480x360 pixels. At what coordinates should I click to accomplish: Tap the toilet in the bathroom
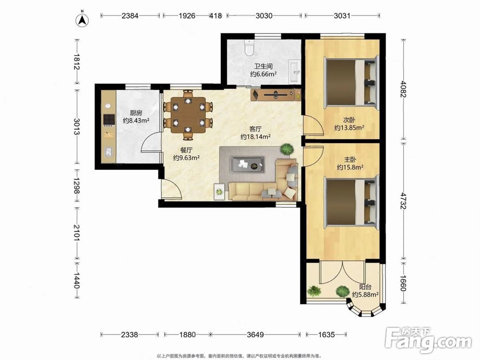point(250,48)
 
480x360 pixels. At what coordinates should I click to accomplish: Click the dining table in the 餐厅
point(189,115)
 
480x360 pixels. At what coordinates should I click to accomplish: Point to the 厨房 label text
point(136,113)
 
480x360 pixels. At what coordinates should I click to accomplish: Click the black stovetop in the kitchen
point(108,120)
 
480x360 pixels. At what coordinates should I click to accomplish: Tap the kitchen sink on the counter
point(108,152)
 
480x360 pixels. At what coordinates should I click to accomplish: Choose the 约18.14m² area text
point(255,137)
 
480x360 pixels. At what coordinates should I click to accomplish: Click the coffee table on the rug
point(247,165)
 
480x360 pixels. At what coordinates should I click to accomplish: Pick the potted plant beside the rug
point(287,149)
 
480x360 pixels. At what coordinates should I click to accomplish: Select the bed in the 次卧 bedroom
point(352,81)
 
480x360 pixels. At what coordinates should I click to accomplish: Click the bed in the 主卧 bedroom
point(352,203)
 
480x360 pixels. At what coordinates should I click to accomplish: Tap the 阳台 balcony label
point(365,287)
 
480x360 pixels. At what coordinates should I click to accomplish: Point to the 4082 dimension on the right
point(404,89)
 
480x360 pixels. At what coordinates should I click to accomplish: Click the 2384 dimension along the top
point(130,16)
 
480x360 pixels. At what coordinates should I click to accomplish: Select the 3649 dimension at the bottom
point(255,335)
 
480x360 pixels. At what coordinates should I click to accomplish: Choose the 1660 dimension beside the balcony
point(404,284)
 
